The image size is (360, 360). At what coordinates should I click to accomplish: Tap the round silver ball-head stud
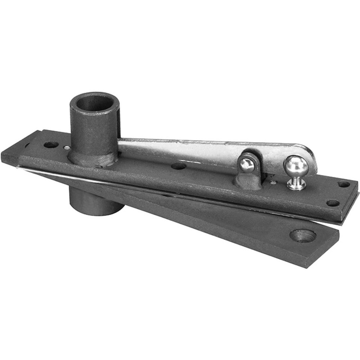[x=296, y=166]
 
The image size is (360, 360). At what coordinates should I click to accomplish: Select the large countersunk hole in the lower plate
[x=303, y=235]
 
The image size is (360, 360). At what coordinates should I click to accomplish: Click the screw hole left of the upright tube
[x=51, y=145]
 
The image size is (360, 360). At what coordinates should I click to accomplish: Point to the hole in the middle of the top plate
[x=179, y=166]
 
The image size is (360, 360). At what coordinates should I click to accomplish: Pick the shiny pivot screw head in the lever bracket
[x=247, y=165]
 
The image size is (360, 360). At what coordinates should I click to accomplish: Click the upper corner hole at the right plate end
[x=344, y=184]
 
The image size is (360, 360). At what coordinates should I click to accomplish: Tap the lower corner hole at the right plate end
[x=333, y=203]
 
